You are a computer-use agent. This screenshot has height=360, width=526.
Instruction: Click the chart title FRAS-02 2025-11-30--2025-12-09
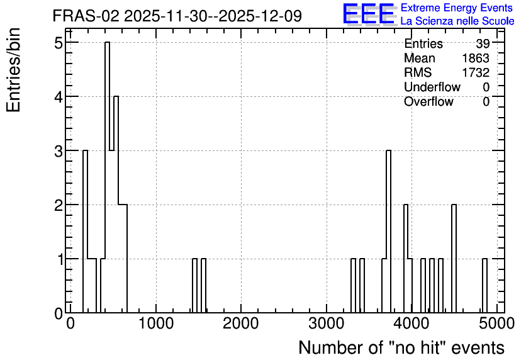[177, 16]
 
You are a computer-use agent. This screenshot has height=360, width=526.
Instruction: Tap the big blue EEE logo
[369, 14]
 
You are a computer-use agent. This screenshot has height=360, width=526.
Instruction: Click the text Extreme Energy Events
[457, 8]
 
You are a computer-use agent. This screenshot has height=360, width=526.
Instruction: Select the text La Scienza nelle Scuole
[457, 21]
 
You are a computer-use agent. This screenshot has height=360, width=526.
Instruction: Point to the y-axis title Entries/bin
[13, 70]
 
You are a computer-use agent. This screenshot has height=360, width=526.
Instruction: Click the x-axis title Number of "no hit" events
[401, 347]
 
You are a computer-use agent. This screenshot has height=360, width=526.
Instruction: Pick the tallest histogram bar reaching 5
[107, 177]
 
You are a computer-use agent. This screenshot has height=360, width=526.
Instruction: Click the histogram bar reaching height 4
[116, 205]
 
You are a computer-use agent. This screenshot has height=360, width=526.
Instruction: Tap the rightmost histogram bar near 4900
[484, 286]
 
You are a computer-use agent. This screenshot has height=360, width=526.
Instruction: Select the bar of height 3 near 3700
[388, 232]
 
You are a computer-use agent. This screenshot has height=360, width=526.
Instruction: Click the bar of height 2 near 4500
[454, 258]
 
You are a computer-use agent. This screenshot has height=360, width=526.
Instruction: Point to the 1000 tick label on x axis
[156, 323]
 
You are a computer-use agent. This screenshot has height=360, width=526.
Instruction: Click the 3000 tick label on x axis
[327, 323]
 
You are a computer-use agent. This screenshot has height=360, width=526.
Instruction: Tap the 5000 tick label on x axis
[497, 323]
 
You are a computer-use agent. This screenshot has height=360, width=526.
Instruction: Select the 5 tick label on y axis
[59, 43]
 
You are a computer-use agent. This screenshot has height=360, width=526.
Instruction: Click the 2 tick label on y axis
[59, 205]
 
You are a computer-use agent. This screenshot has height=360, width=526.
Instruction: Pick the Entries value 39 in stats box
[483, 43]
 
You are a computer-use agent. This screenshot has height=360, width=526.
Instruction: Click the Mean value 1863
[476, 58]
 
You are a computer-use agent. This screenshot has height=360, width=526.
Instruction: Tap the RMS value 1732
[476, 72]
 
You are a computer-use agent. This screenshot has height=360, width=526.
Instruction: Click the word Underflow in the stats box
[432, 87]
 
